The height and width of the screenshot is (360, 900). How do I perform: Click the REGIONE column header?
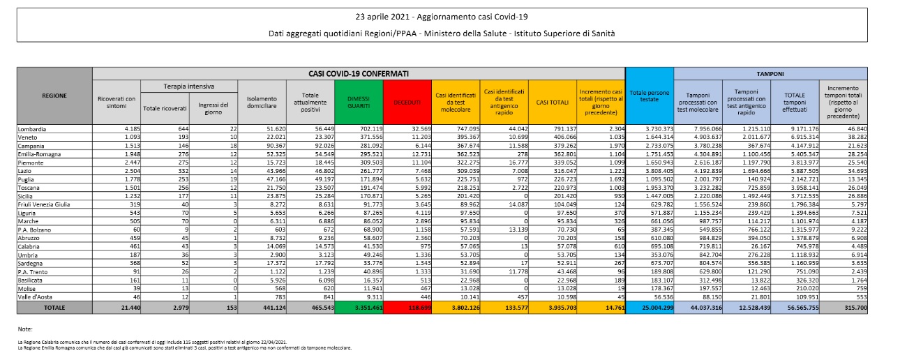[54, 96]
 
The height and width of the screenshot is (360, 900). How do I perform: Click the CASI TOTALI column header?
[552, 103]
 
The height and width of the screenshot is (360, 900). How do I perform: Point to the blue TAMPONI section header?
[770, 73]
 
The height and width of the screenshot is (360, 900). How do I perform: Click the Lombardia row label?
[34, 129]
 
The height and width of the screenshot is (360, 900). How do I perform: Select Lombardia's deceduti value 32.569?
[411, 129]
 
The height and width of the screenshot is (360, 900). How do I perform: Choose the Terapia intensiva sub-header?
[188, 84]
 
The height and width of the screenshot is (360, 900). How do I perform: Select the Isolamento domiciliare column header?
[262, 103]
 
